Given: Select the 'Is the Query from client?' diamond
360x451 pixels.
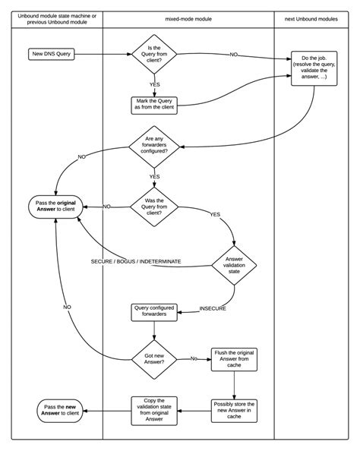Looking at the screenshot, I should click(154, 55).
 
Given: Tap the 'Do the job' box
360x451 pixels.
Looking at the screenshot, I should click(314, 69).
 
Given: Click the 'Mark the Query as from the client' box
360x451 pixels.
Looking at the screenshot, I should click(154, 106).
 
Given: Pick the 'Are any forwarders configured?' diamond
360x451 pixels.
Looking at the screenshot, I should click(154, 146).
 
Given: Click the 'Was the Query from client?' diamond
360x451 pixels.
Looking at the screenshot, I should click(154, 207).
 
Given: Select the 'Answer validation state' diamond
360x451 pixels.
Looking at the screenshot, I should click(234, 265).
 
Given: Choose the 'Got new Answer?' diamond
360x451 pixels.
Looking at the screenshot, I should click(154, 358).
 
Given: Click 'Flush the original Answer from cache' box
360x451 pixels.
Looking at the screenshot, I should click(234, 358).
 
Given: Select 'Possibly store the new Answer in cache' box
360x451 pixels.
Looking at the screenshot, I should click(234, 410).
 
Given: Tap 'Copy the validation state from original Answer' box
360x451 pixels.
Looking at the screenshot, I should click(154, 410).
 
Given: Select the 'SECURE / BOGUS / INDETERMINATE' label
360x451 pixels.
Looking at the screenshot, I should click(136, 261).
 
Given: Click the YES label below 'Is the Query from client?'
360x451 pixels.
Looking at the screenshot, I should click(155, 85).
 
